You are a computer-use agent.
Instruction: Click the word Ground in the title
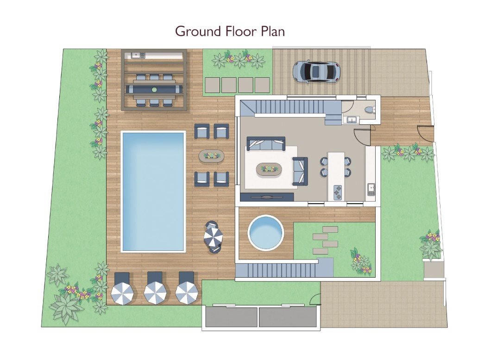point(198,31)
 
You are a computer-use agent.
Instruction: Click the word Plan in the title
point(273,31)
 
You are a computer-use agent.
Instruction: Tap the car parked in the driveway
point(316,72)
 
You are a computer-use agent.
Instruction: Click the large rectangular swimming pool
point(153,191)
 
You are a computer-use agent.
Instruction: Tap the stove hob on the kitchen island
point(338,192)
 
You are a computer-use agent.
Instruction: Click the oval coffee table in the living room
point(269,169)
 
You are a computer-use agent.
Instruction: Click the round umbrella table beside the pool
point(214,237)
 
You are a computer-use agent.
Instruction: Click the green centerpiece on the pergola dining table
point(154,90)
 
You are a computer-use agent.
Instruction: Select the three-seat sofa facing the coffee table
point(266,144)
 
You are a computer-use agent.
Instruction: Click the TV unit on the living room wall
point(267,197)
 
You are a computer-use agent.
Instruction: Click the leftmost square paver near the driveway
point(212,85)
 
